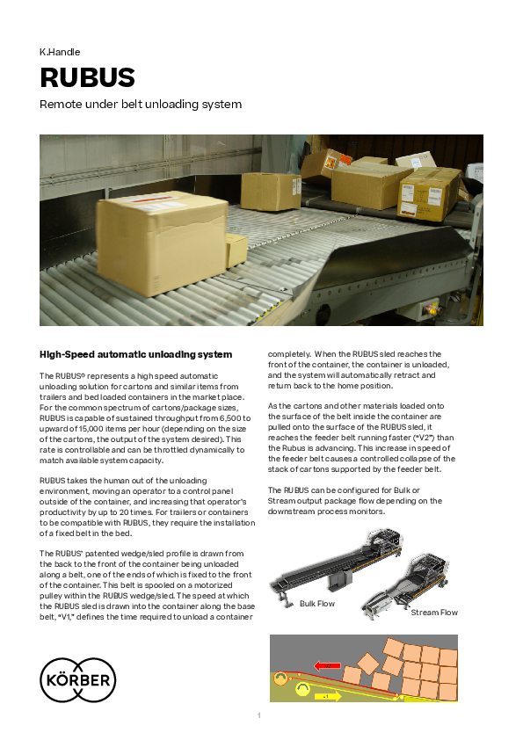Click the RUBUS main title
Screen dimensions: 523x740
pos(87,77)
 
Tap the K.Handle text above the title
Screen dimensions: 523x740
pos(60,52)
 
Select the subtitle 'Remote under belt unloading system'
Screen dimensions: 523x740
pos(141,105)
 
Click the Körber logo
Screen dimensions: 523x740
pos(78,679)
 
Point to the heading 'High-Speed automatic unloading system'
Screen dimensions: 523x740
pos(136,354)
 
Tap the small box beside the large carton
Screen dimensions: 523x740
pos(236,250)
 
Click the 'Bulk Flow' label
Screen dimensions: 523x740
pos(317,604)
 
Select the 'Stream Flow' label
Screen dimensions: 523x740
pos(434,613)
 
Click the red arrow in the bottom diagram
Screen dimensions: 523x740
pos(328,666)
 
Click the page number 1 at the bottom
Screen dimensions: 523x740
pos(259,715)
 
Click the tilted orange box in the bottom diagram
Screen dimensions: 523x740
pos(368,663)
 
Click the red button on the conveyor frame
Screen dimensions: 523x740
pos(430,310)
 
